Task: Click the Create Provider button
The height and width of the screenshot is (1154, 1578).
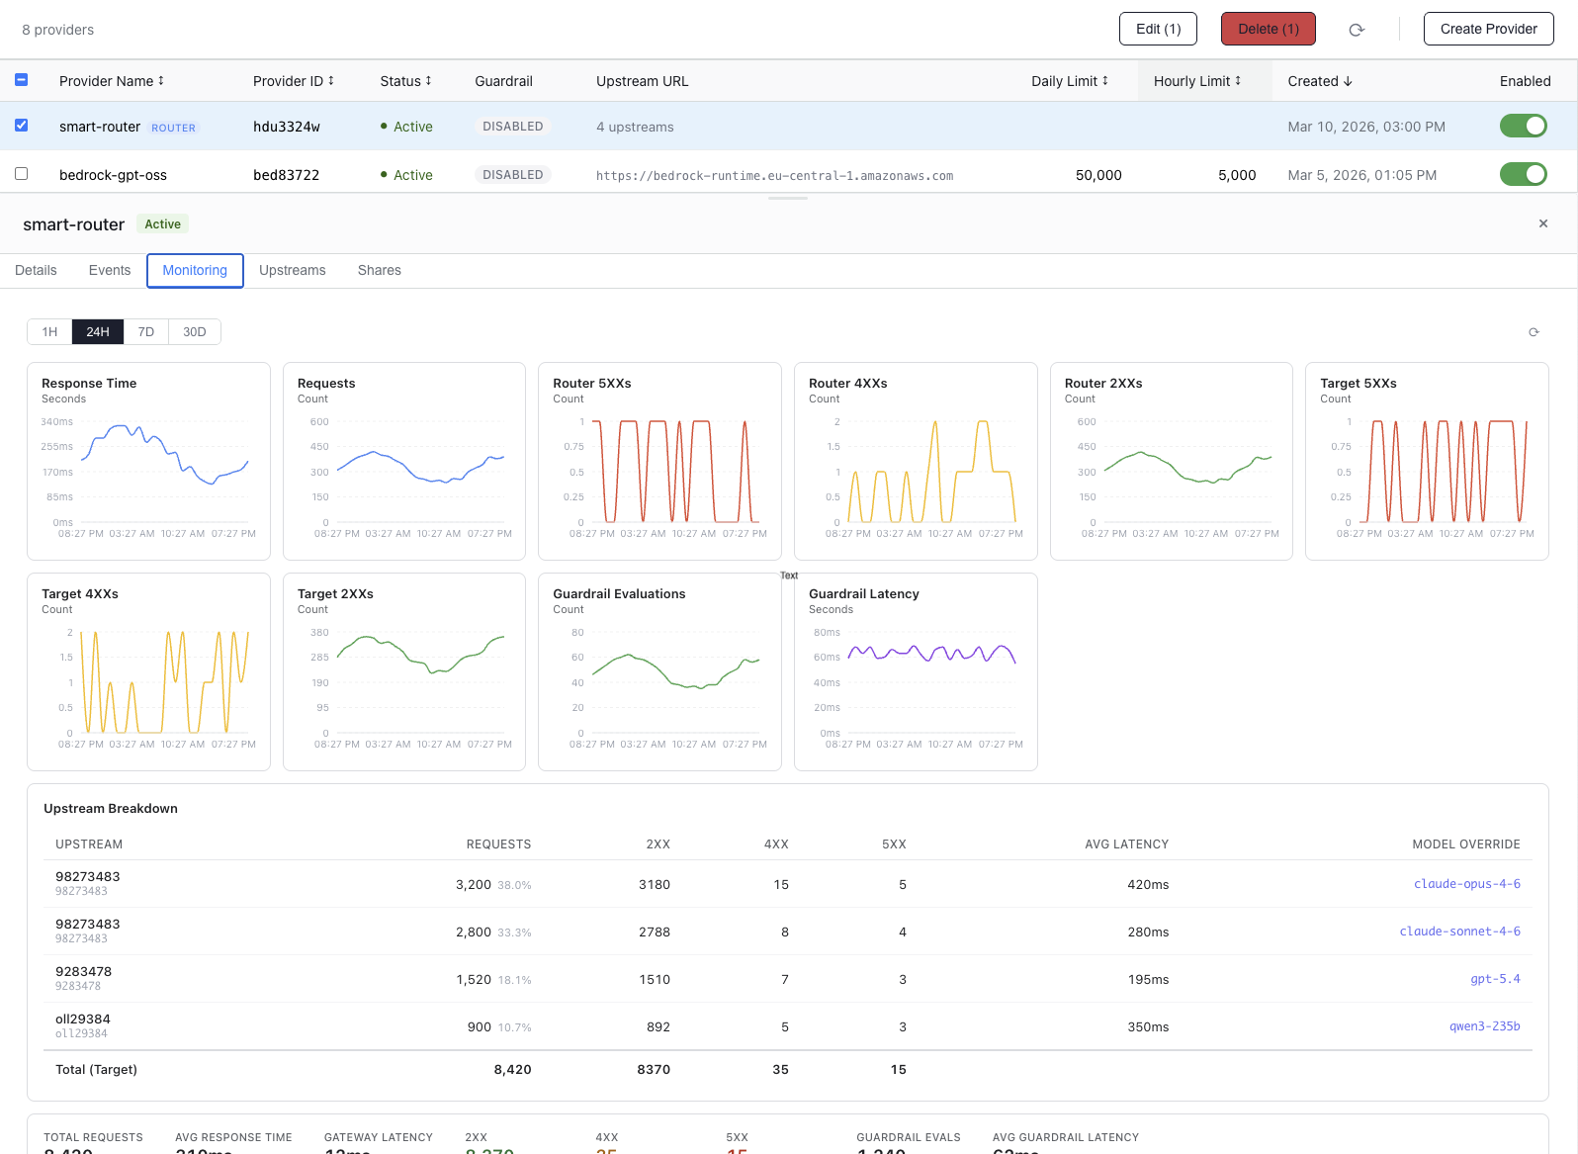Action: point(1488,29)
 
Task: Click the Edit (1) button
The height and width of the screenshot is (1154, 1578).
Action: point(1158,29)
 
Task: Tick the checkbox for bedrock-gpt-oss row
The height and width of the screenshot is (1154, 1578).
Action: point(21,174)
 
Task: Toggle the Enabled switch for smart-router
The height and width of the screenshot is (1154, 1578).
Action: point(1523,126)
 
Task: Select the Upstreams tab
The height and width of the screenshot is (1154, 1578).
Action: point(292,270)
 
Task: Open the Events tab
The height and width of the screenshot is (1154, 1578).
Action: point(110,270)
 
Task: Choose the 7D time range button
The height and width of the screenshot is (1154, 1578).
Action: point(146,332)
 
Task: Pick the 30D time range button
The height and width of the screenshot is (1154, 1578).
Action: point(195,332)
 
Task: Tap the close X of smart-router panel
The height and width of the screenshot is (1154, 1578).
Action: point(1543,223)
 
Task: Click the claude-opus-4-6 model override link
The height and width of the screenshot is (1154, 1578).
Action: point(1466,884)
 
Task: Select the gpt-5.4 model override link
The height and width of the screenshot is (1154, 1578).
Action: point(1495,979)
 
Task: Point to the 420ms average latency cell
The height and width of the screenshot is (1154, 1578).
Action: point(1148,885)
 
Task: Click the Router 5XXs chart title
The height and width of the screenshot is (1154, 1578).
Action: point(592,384)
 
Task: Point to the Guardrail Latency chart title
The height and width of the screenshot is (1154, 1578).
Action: point(864,594)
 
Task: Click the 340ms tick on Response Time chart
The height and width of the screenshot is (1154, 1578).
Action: point(57,422)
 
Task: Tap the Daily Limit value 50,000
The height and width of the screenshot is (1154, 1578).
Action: point(1098,175)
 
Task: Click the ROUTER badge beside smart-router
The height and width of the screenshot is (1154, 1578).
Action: point(173,128)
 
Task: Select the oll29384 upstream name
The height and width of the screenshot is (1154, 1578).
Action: point(83,1020)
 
